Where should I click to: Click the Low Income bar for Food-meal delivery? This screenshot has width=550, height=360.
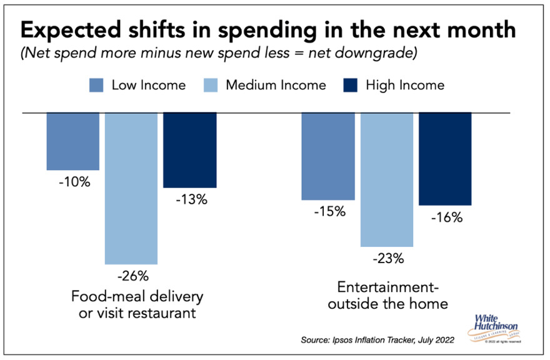click(x=73, y=141)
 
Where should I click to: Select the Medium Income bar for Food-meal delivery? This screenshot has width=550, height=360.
click(x=131, y=187)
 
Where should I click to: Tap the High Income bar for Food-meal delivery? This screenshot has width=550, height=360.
click(x=190, y=150)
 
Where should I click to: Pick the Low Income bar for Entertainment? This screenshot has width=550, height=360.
click(x=328, y=156)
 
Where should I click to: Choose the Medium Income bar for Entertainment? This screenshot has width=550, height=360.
click(x=387, y=179)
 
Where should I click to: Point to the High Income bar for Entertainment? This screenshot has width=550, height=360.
click(x=445, y=159)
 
